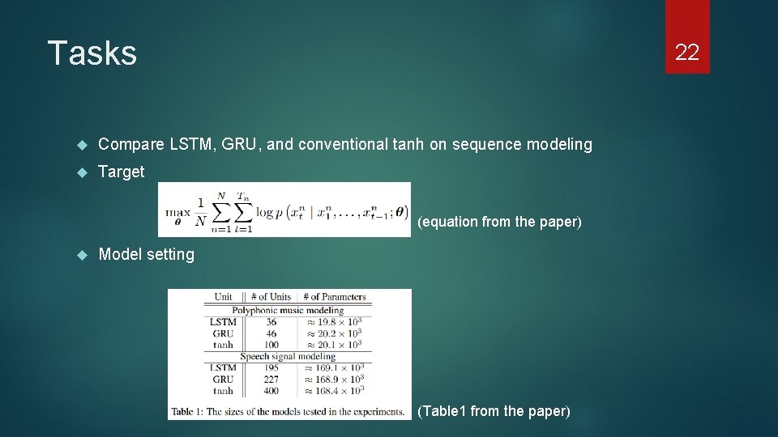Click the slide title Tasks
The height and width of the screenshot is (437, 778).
coord(92,53)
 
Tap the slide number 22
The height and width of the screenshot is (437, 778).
coord(686,53)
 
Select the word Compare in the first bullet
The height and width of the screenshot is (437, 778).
coord(131,144)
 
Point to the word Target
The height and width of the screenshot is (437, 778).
coord(122,172)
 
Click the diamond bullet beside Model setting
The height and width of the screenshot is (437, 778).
coord(81,255)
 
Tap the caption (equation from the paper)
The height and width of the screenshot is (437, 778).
coord(499,222)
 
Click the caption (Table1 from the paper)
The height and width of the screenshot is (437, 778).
coord(494,411)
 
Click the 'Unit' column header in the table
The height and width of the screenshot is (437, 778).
coord(223,297)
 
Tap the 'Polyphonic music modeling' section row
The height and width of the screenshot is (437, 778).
coord(288,310)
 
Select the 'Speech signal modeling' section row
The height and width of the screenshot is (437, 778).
coord(288,356)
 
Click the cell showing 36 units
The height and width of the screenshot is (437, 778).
coord(271,322)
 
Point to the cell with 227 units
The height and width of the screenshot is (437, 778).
coord(271,379)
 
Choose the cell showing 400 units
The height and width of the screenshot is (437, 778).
coord(271,391)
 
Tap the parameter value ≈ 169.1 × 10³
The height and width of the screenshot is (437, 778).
coord(336,367)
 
